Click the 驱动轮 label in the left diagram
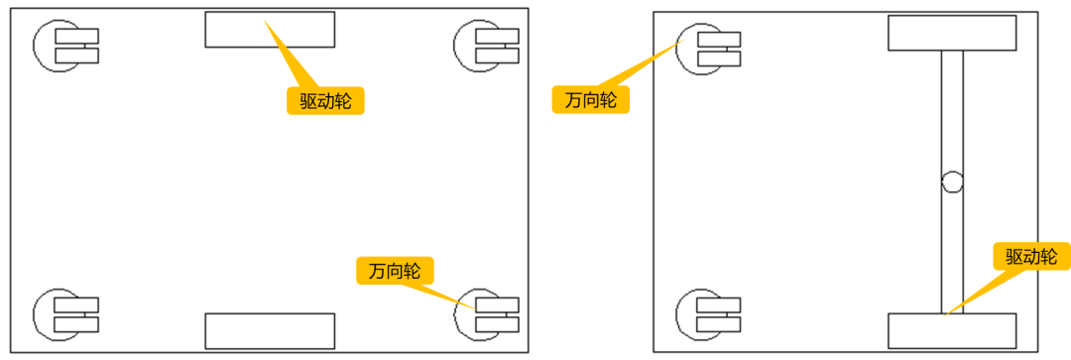point(326,101)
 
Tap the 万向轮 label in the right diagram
point(591,100)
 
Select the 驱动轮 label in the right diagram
point(1031,257)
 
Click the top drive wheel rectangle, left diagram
point(270,30)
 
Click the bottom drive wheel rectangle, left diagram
point(270,330)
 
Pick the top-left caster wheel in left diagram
point(65,47)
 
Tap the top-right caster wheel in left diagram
point(486,47)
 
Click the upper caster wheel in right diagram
point(708,49)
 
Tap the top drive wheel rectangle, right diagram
point(952,33)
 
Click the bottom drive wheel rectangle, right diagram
point(952,331)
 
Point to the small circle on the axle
point(952,181)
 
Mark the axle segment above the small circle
point(952,109)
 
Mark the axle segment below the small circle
point(952,253)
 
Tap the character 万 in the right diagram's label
point(573,100)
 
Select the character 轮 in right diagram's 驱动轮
point(1050,257)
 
